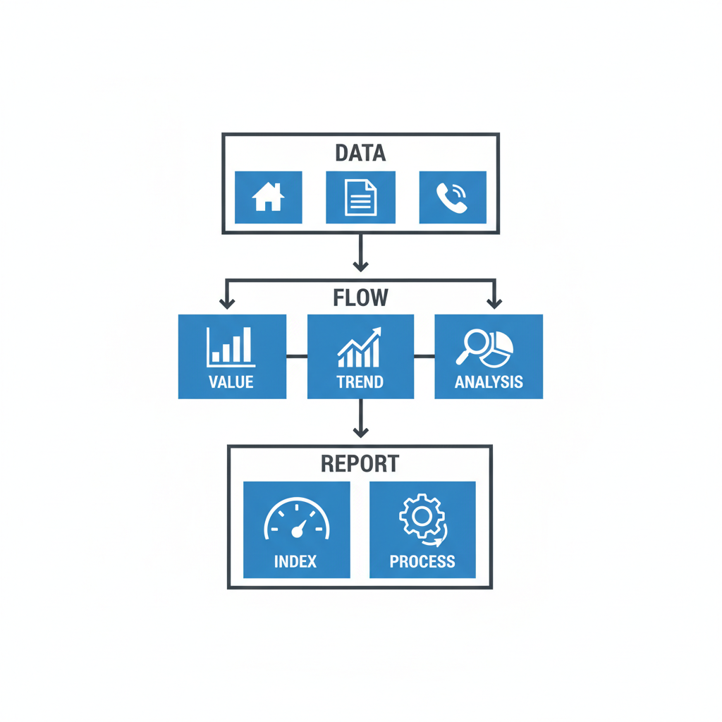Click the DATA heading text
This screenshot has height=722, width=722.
coord(360,153)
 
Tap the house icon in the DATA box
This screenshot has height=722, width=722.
coord(268,197)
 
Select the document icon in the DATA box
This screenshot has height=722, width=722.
coord(360,197)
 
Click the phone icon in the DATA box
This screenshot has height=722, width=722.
coord(452,197)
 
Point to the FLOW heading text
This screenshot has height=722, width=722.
coord(360,298)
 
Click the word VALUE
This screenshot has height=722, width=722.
coord(231,383)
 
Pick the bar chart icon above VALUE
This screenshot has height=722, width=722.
coord(231,347)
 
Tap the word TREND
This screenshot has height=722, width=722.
coord(360,383)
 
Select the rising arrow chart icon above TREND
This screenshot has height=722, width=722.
coord(360,347)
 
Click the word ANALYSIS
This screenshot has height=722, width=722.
coord(489,383)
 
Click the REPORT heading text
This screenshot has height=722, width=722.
coord(360,464)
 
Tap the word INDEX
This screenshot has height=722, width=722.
coord(295,562)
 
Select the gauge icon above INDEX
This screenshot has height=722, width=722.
coord(296,520)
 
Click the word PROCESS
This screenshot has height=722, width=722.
coord(422,562)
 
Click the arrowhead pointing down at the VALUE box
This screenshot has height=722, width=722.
coord(226,303)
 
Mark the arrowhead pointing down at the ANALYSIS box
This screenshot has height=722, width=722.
coord(494,303)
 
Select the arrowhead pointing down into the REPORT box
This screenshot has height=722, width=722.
coord(360,432)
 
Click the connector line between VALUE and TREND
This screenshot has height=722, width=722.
coord(297,356)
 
